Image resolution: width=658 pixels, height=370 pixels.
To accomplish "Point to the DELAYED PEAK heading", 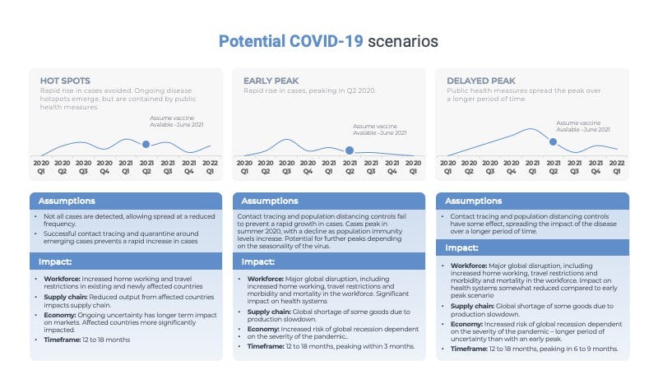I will [478, 81].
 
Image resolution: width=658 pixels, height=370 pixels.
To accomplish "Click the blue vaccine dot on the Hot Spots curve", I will [146, 144].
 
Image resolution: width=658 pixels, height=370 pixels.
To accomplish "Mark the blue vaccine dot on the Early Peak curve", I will [350, 150].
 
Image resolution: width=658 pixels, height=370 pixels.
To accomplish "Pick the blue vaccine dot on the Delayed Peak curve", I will [553, 141].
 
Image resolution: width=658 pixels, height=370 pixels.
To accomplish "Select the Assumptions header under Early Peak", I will [270, 201].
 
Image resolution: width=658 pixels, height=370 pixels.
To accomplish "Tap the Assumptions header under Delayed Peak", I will [473, 201].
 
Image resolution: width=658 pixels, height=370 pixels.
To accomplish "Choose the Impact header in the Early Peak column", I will [259, 262].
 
